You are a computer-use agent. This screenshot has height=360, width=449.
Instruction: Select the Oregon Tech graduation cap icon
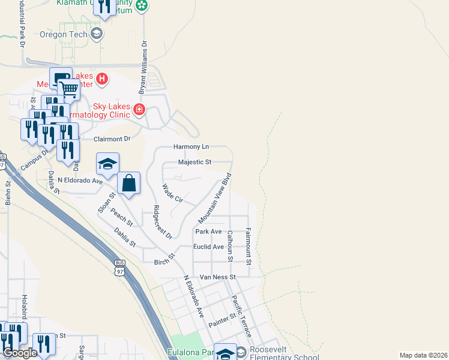click(x=96, y=34)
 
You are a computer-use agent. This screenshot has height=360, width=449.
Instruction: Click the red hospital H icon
click(x=102, y=78)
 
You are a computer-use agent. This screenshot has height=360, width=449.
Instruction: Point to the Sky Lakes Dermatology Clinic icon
click(x=139, y=109)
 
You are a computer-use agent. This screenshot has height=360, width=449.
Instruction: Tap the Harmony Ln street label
click(x=191, y=146)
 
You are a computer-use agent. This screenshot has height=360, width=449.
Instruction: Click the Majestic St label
click(x=195, y=162)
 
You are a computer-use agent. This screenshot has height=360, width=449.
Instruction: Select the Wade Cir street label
click(x=172, y=194)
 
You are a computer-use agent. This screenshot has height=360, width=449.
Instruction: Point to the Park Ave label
click(x=208, y=231)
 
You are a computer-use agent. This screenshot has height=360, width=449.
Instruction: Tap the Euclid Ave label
click(x=208, y=247)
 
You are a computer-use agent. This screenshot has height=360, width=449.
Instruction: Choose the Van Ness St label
click(x=217, y=277)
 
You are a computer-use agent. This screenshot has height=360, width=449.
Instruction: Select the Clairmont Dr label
click(x=112, y=139)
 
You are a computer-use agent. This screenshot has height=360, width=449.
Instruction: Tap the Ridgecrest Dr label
click(x=162, y=222)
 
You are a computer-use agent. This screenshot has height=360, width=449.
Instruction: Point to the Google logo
click(x=20, y=353)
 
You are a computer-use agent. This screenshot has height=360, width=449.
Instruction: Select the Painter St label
click(x=222, y=320)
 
